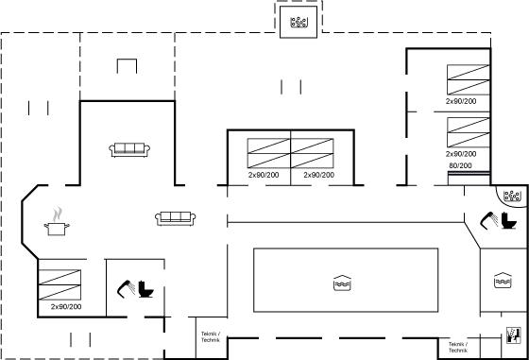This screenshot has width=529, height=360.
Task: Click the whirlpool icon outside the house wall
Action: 299,23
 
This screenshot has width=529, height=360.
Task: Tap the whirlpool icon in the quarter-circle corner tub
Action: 512,196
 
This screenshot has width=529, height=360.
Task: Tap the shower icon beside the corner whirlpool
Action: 489,221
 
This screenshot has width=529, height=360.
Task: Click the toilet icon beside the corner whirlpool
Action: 509,220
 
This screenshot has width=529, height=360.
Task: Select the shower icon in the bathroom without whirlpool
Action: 126,289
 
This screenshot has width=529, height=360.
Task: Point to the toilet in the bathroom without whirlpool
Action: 145,289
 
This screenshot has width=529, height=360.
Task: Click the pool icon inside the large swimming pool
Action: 342,283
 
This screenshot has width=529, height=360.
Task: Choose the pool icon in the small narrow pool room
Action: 503,280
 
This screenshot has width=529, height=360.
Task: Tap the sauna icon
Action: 514,335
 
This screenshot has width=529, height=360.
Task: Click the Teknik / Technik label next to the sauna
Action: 458,347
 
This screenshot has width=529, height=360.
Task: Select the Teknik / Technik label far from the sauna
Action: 211,336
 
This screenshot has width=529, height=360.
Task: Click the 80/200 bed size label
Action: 460,165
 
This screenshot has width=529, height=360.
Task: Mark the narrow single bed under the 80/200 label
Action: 469,179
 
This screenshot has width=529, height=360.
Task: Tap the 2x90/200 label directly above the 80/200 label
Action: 461,154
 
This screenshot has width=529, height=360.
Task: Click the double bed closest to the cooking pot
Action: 60,284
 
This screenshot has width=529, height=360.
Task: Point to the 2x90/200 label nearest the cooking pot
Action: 66,307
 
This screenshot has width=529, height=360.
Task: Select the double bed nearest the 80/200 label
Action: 469,132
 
